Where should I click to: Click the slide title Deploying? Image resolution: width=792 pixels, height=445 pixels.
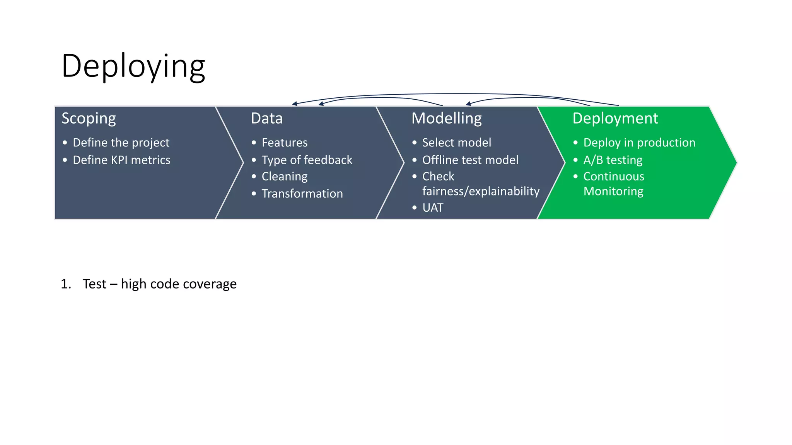[133, 66]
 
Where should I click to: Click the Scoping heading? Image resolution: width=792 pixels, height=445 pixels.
[89, 118]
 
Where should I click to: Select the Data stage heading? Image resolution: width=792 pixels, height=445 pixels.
[266, 118]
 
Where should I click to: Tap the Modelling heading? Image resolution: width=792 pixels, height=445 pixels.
[446, 118]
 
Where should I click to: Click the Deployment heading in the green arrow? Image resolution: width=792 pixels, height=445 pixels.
[615, 118]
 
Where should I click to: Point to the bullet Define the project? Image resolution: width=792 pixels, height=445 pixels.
[121, 143]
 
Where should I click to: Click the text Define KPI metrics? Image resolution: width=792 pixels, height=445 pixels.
[121, 160]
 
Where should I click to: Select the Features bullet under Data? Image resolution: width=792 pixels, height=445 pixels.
[284, 143]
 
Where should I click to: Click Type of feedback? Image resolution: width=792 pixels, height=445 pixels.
[307, 160]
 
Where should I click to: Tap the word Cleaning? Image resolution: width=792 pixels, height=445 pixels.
[284, 177]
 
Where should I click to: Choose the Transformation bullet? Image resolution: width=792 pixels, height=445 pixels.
[302, 194]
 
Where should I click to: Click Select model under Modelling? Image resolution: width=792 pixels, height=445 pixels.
[456, 143]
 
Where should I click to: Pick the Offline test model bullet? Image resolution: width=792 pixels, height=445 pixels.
[470, 160]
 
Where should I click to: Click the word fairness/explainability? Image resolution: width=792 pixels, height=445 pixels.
[481, 191]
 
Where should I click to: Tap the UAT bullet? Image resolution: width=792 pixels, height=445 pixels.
[432, 208]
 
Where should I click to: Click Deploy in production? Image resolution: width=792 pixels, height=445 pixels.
[639, 143]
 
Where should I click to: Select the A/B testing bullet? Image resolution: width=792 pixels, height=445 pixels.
[613, 160]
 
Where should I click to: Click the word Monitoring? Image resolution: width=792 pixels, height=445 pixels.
[613, 191]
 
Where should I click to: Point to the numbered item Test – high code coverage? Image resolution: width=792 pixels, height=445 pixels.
[159, 284]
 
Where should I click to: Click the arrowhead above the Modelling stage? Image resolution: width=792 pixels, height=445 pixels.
[468, 104]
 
